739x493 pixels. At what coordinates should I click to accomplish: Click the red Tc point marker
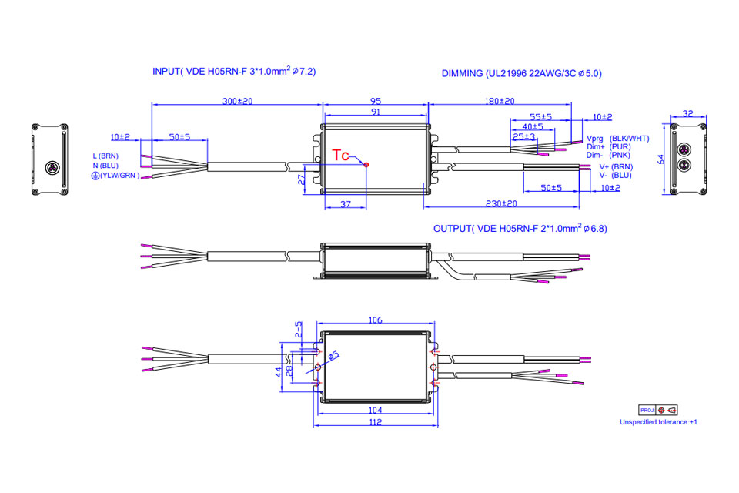coord(366,164)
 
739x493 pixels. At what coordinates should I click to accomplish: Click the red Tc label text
coord(340,155)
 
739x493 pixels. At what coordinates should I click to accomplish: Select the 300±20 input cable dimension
coord(237,102)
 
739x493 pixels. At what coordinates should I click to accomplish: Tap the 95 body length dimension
coord(375,102)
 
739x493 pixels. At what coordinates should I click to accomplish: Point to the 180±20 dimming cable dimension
coord(500,102)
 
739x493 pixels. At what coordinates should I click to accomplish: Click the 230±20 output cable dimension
coord(501,203)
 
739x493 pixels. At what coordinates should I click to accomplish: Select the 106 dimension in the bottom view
coord(375,320)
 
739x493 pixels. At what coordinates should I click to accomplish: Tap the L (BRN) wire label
coord(105,156)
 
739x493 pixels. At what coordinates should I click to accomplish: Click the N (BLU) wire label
coord(105,166)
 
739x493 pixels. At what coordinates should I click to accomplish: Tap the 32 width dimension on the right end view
coord(688,113)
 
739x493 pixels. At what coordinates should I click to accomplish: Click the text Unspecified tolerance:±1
coord(658,422)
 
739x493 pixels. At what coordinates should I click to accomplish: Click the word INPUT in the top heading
coord(166,72)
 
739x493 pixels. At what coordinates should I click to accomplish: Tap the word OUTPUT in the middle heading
coord(453,229)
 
